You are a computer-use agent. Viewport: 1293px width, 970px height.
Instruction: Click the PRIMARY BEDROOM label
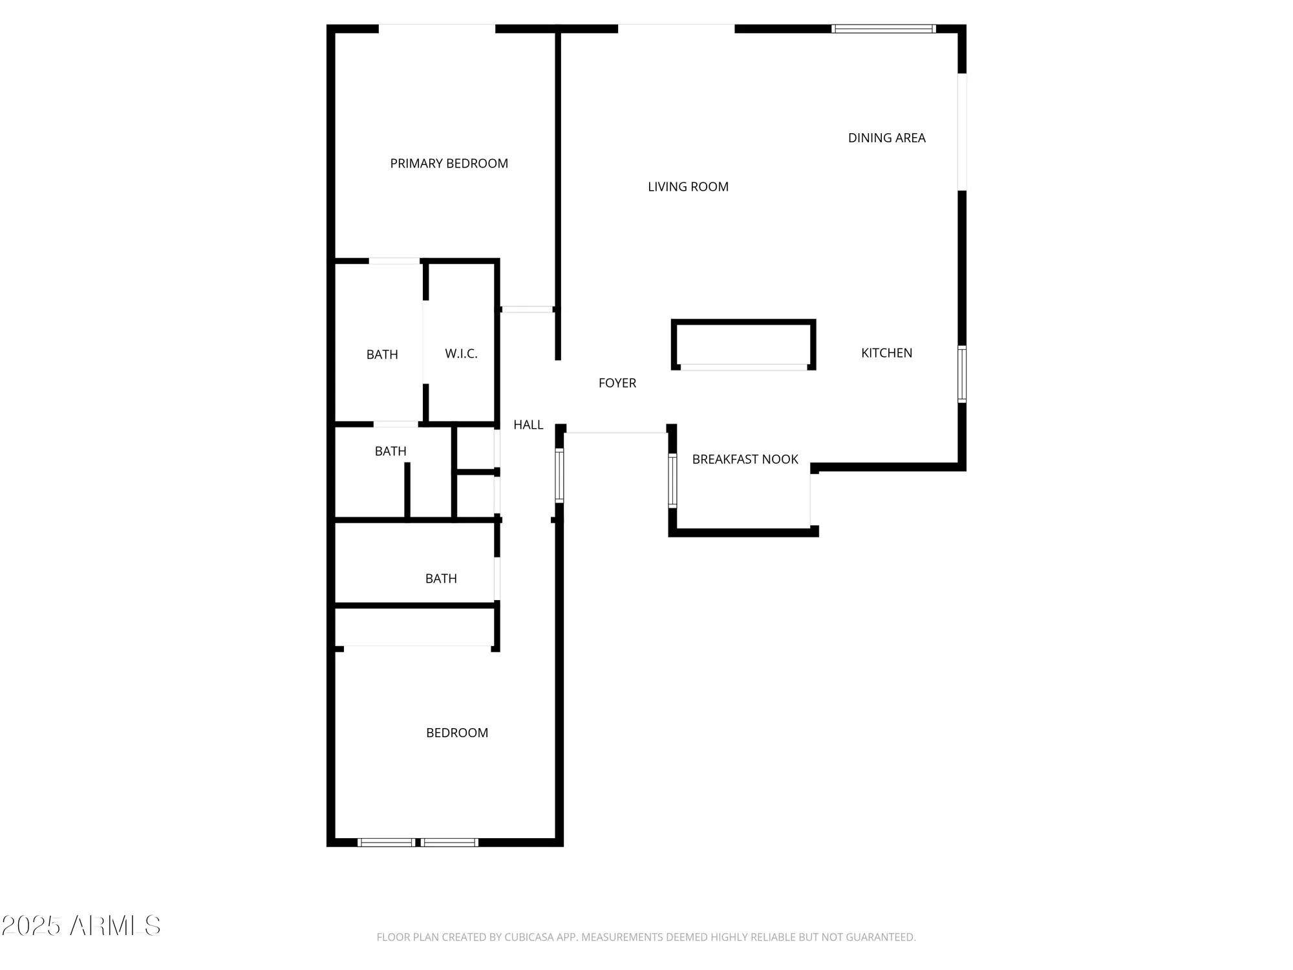449,164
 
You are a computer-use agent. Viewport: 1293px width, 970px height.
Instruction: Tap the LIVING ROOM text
688,187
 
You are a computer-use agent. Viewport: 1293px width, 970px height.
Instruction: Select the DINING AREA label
886,138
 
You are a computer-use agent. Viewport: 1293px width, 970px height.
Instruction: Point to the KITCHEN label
886,353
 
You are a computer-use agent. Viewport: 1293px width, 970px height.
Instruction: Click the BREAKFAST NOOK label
745,459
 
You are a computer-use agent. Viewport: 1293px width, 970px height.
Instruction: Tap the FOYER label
617,383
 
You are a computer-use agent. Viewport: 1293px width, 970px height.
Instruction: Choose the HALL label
528,425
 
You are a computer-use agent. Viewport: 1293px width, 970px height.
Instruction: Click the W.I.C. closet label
461,354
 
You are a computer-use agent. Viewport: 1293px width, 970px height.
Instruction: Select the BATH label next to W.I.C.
382,354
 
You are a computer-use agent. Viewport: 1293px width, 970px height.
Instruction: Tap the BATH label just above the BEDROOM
441,579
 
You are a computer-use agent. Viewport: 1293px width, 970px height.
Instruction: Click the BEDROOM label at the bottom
456,733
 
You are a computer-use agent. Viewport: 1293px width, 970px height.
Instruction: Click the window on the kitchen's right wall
961,374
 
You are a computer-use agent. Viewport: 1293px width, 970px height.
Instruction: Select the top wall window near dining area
883,28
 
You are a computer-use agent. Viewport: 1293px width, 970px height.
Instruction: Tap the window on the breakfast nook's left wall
672,480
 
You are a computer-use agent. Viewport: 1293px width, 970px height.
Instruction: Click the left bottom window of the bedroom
386,842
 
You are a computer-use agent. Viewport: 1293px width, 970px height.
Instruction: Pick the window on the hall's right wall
559,476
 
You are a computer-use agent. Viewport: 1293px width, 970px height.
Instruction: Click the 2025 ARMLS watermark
81,925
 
